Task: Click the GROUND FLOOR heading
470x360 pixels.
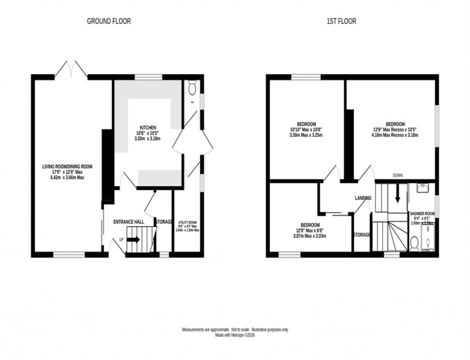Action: pyautogui.click(x=108, y=21)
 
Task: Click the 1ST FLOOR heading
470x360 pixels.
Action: pyautogui.click(x=342, y=21)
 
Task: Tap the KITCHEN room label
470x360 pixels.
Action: pyautogui.click(x=148, y=127)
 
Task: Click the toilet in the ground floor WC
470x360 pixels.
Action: pyautogui.click(x=192, y=88)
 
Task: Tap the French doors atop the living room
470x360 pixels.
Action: pyautogui.click(x=71, y=70)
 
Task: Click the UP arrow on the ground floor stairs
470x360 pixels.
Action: pyautogui.click(x=133, y=239)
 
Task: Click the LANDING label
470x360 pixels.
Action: pyautogui.click(x=363, y=198)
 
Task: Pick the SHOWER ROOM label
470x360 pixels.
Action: pyautogui.click(x=423, y=214)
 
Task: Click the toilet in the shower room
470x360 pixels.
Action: pyautogui.click(x=415, y=243)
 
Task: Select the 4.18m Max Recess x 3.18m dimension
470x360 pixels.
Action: pyautogui.click(x=395, y=135)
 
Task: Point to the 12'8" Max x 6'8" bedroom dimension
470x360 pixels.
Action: pyautogui.click(x=307, y=231)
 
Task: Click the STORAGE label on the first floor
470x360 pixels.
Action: pyautogui.click(x=362, y=235)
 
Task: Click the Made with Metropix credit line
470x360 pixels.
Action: pyautogui.click(x=235, y=336)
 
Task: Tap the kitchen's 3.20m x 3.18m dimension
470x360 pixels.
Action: pyautogui.click(x=148, y=139)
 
